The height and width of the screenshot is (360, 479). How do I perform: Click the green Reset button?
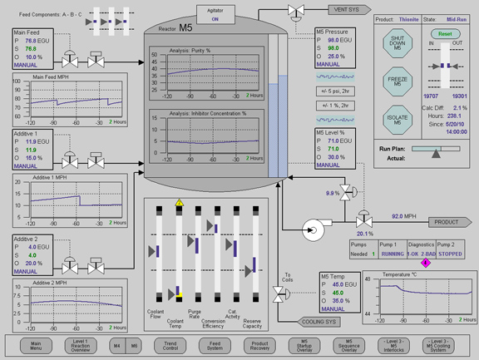click(445, 34)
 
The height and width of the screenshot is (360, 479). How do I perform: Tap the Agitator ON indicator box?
click(215, 13)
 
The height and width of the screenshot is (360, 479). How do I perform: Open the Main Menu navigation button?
click(35, 345)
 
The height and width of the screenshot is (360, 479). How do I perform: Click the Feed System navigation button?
click(215, 345)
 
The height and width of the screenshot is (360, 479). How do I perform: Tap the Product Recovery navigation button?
click(260, 345)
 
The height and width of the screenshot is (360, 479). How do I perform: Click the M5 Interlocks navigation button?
click(398, 345)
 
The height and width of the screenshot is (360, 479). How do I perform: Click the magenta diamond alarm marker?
click(426, 262)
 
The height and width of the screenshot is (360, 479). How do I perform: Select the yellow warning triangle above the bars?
click(179, 203)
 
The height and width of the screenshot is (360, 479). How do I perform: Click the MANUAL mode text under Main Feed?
click(26, 66)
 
